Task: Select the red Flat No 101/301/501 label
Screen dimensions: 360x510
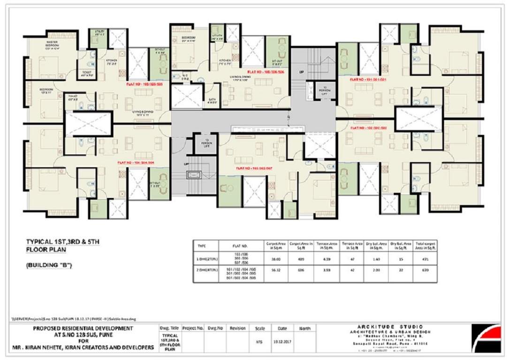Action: [x=368, y=80]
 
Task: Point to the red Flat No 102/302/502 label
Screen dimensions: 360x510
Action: [x=368, y=127]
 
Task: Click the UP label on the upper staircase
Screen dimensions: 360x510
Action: [x=302, y=72]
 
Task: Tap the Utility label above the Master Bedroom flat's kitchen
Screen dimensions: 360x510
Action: [x=99, y=33]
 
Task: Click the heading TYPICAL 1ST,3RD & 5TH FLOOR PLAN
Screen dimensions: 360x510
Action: [x=62, y=245]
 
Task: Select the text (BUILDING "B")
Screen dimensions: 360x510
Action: [x=48, y=266]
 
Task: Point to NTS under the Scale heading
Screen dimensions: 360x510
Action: [x=259, y=342]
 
